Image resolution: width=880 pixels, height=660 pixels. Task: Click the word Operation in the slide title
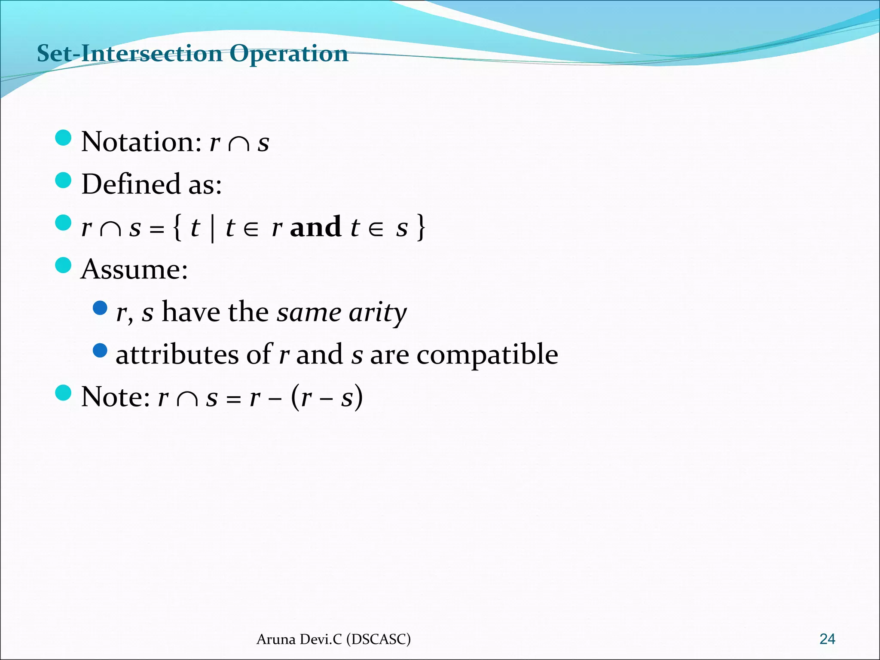pos(288,54)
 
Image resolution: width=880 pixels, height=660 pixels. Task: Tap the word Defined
pos(131,184)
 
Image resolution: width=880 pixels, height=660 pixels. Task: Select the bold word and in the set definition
pos(315,227)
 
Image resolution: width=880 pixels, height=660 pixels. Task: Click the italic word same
pos(309,312)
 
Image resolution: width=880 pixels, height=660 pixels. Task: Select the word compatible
pos(487,355)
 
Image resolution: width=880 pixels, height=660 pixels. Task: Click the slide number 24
pos(827,639)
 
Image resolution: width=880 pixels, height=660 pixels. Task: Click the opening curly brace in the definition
pos(177,228)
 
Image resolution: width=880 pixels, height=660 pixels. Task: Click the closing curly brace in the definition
pos(421,228)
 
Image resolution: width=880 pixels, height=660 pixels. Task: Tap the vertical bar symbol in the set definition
pos(213,228)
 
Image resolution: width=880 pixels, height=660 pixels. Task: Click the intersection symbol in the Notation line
pos(239,144)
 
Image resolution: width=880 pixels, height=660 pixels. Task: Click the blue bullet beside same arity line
pos(100,308)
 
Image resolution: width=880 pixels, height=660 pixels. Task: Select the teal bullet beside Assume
pos(63,266)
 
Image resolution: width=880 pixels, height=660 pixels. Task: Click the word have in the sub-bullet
pos(191,312)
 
